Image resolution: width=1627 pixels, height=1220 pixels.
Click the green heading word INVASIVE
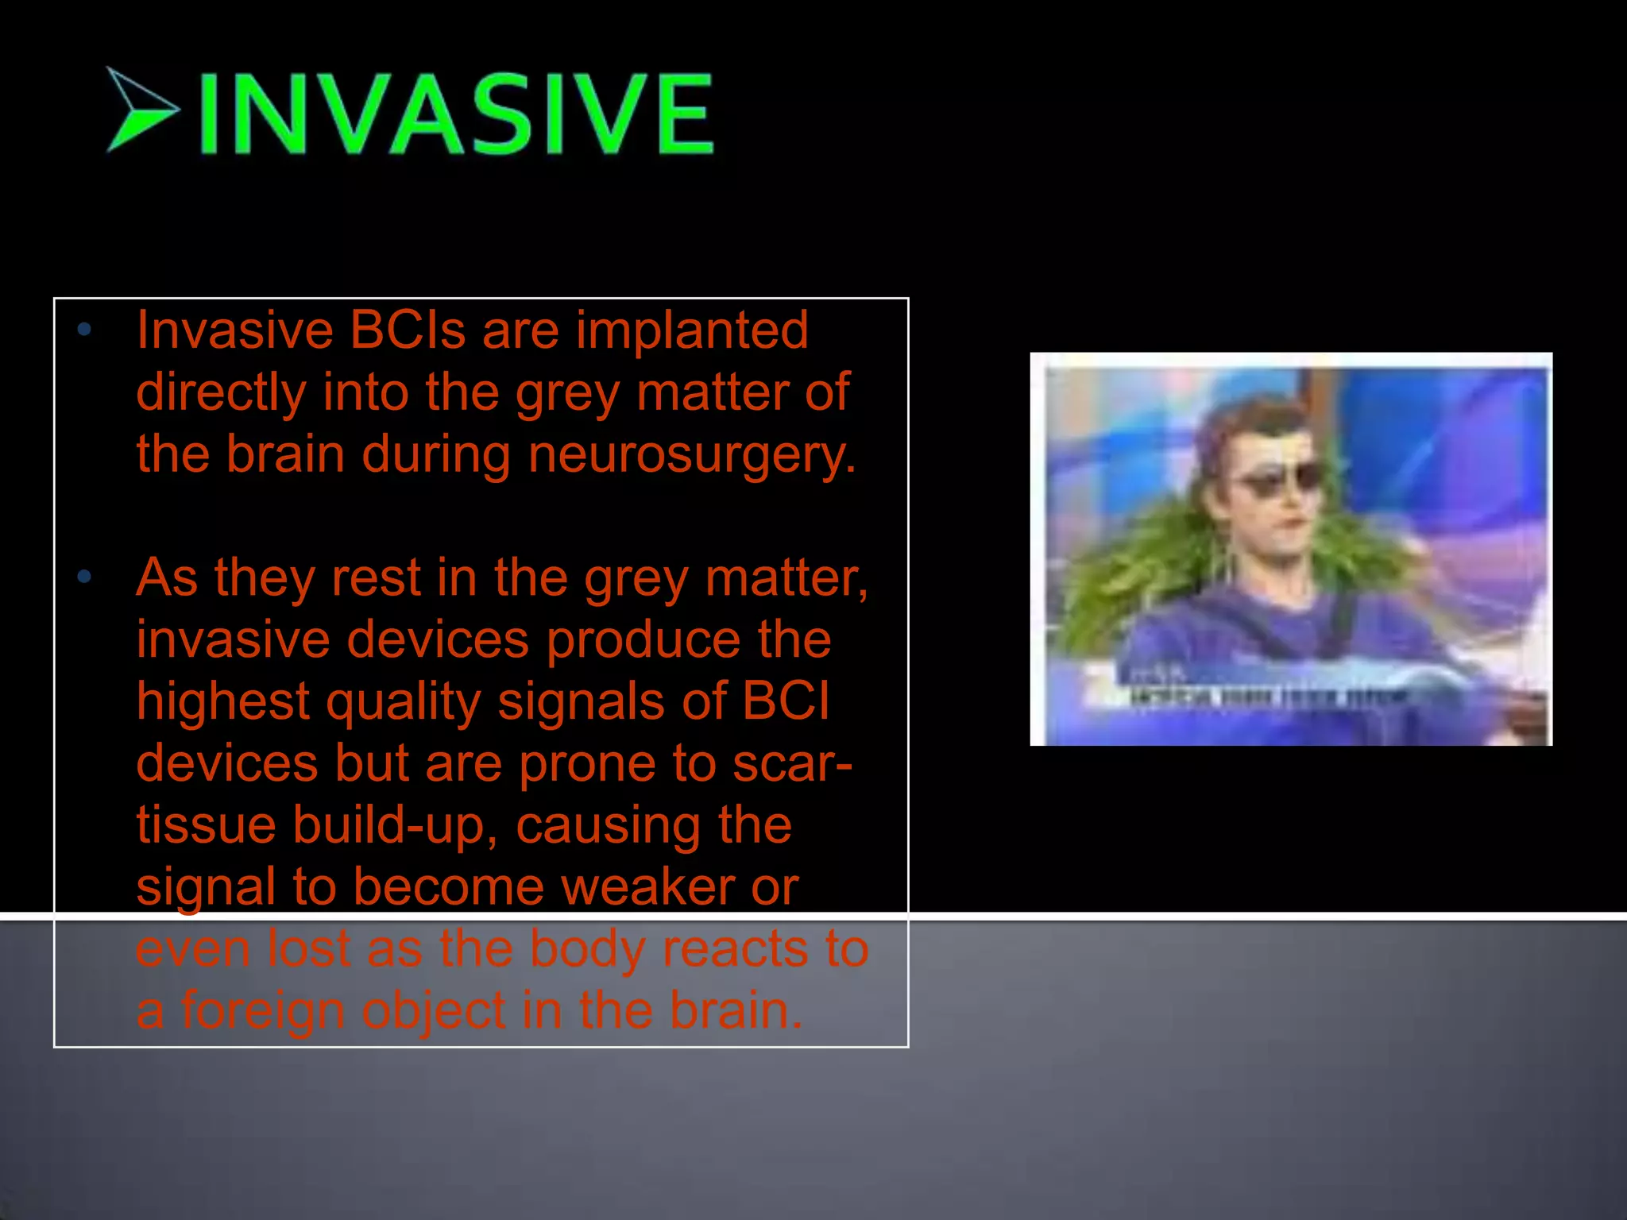pyautogui.click(x=456, y=113)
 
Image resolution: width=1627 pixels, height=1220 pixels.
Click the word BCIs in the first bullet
pyautogui.click(x=407, y=330)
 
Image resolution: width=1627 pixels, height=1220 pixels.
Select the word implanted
pyautogui.click(x=692, y=331)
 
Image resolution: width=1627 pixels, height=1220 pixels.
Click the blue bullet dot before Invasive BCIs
pyautogui.click(x=85, y=330)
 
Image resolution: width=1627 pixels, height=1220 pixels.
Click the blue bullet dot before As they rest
pyautogui.click(x=85, y=577)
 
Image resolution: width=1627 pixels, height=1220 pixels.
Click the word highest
pyautogui.click(x=222, y=702)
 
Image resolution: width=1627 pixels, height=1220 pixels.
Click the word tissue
pyautogui.click(x=205, y=824)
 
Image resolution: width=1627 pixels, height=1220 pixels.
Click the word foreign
pyautogui.click(x=263, y=1012)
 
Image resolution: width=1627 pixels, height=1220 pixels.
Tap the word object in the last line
pyautogui.click(x=434, y=1012)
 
